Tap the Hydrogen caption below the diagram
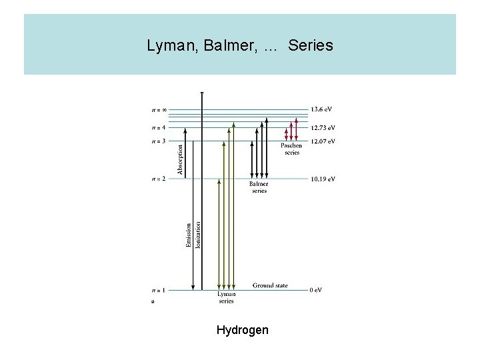(x=243, y=329)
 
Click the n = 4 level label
(x=157, y=127)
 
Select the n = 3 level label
(x=157, y=141)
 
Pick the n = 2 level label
(x=157, y=179)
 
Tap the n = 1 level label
(x=157, y=290)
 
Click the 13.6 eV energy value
(x=321, y=109)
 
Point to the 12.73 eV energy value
(x=323, y=127)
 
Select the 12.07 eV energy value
(x=323, y=141)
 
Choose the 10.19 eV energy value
(x=323, y=179)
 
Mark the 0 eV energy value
(x=316, y=290)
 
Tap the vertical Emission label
(x=189, y=236)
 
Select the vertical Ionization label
(x=199, y=235)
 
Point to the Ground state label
(x=270, y=285)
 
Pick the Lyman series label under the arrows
(x=227, y=297)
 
